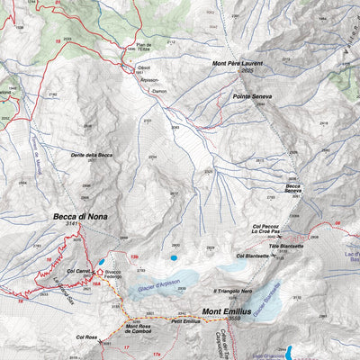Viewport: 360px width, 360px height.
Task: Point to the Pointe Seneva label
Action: (252, 96)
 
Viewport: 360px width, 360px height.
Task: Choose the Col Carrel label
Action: (80, 270)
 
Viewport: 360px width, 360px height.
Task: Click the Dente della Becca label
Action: (92, 155)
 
